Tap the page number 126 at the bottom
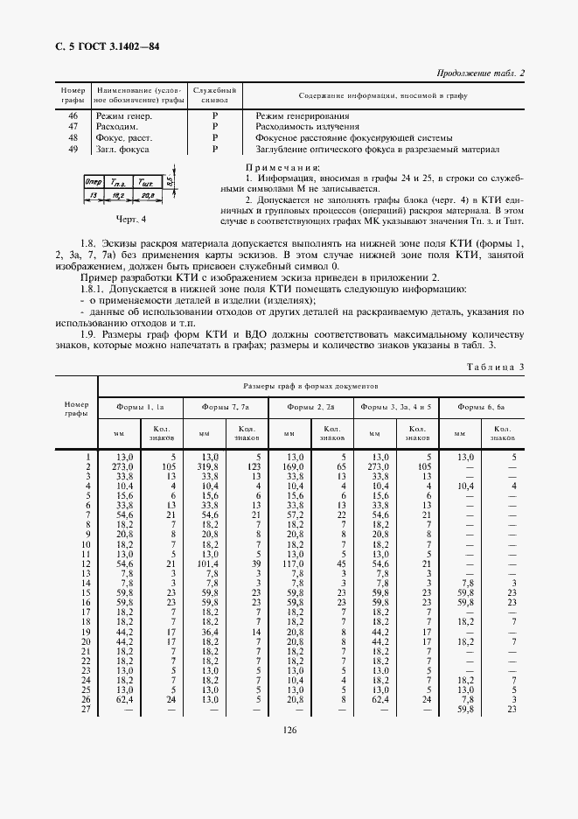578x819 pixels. [289, 732]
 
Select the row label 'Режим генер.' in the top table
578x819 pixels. [124, 115]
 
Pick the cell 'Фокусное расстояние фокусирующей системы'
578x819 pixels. [353, 138]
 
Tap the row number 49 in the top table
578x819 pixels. [73, 150]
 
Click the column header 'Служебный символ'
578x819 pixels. [214, 95]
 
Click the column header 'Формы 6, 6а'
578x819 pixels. [481, 408]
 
